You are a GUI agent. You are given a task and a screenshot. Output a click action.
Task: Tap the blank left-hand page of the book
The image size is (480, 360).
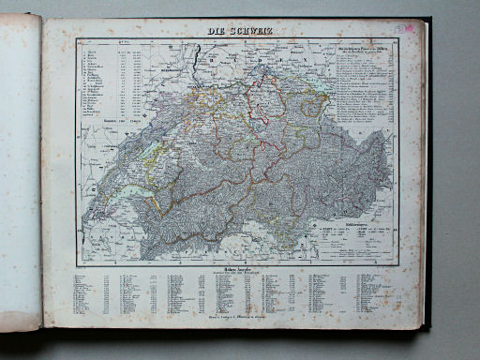point(21,169)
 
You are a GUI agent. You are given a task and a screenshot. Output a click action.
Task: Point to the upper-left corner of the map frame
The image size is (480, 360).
point(78,39)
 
